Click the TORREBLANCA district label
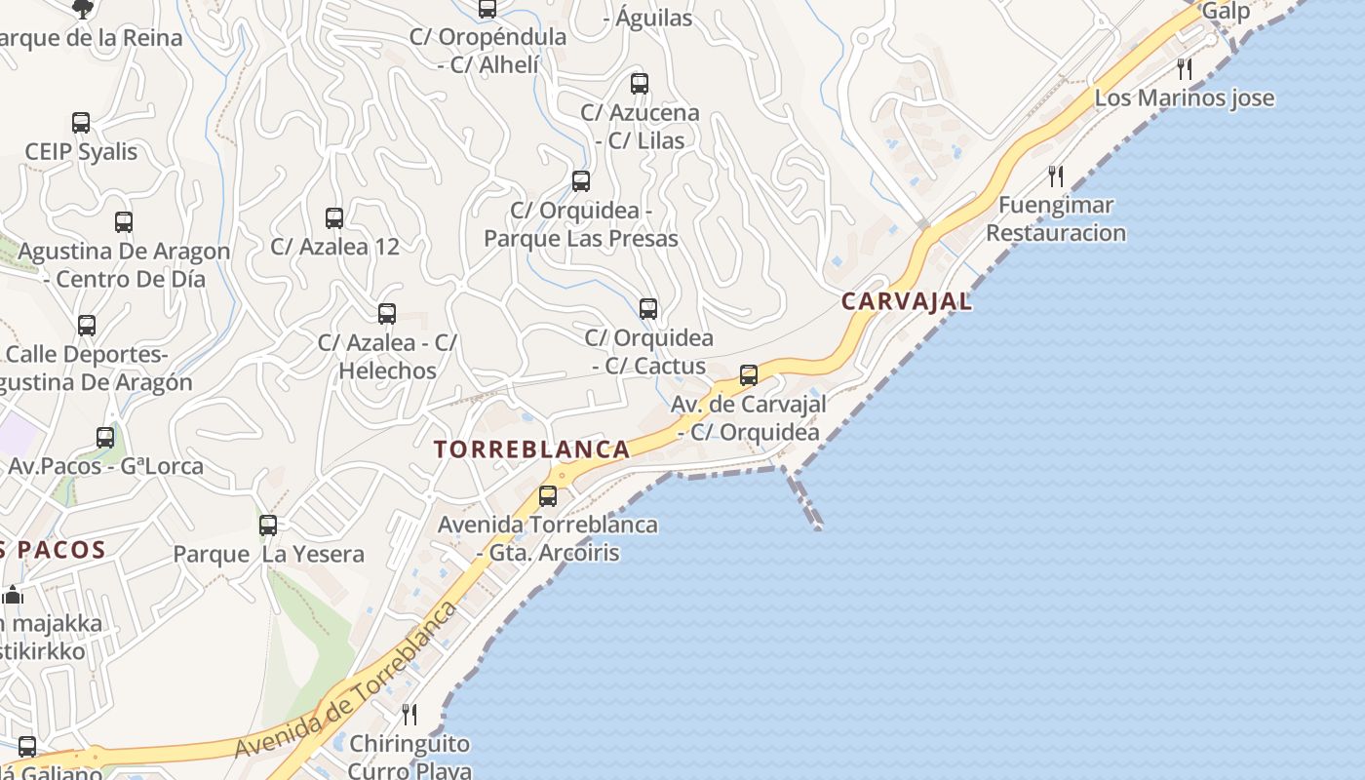[x=531, y=449]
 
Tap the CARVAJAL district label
[x=907, y=301]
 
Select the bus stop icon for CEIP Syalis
[x=81, y=123]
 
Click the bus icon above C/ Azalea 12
[x=334, y=217]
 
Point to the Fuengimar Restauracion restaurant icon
[x=1056, y=175]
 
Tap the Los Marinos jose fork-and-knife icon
[x=1185, y=68]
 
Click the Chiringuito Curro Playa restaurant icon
[x=409, y=715]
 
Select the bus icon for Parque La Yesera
[x=268, y=525]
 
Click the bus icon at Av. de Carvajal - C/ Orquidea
[x=749, y=374]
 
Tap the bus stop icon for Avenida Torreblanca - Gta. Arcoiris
[x=548, y=495]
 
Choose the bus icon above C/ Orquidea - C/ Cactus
[x=648, y=309]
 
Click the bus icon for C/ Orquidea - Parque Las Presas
[x=581, y=180]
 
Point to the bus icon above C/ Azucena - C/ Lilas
[x=640, y=84]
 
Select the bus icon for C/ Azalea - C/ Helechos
[x=387, y=313]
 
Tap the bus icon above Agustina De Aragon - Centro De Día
[x=124, y=221]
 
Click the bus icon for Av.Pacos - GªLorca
[x=105, y=437]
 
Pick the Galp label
[x=1226, y=12]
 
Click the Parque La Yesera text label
[x=268, y=555]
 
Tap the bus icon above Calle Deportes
[x=87, y=325]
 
